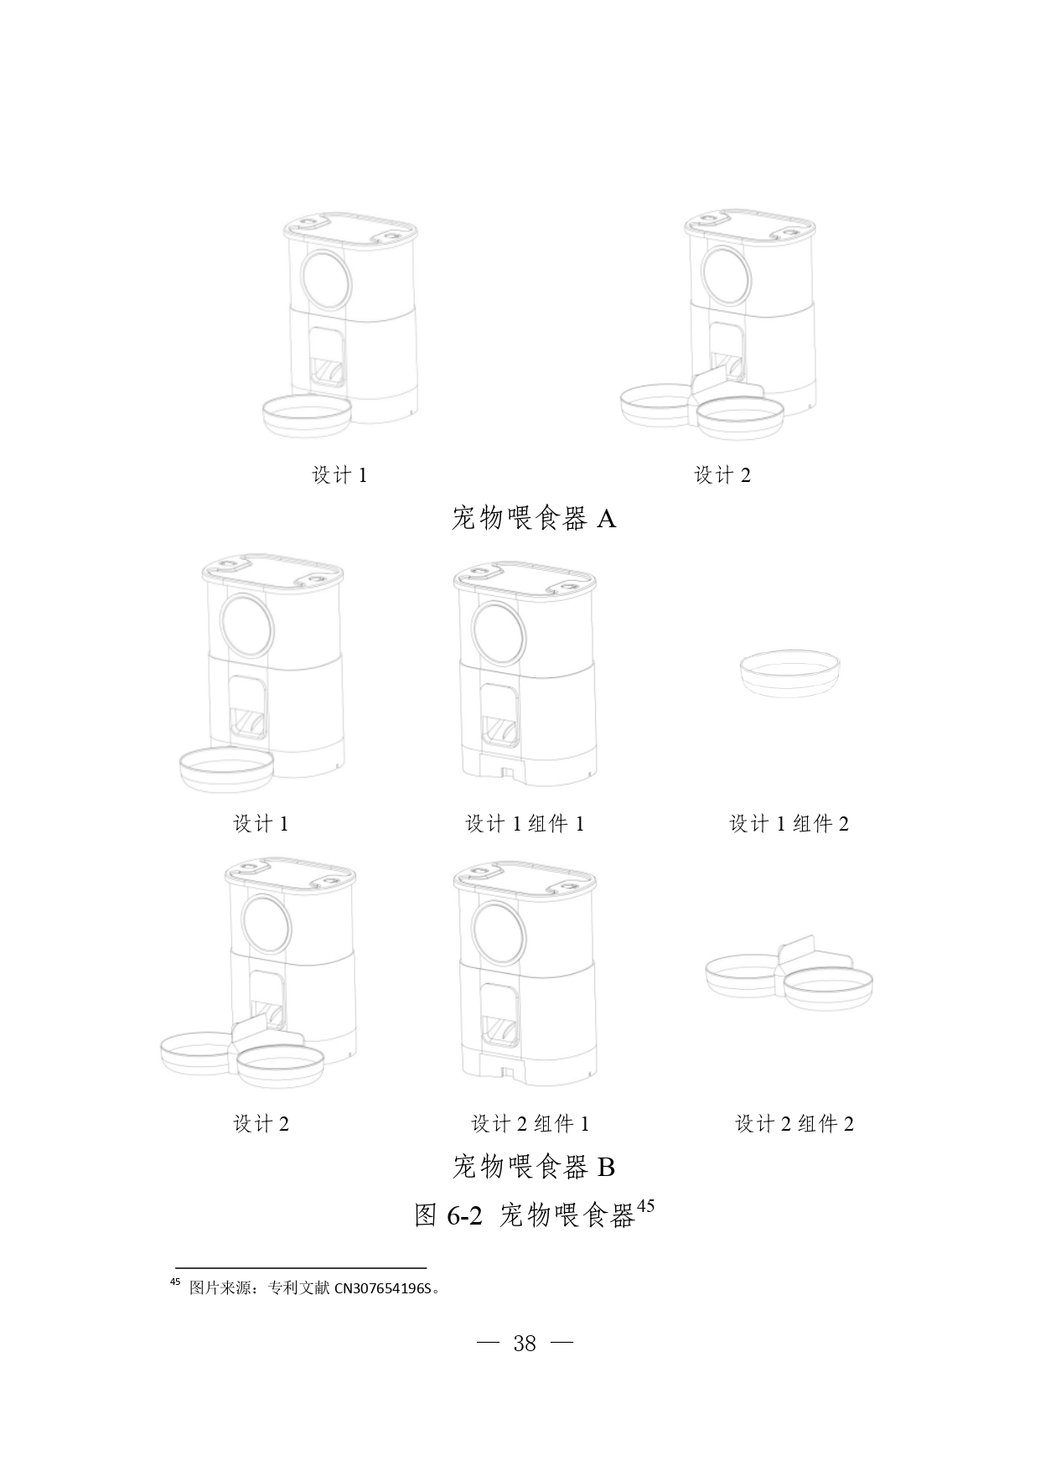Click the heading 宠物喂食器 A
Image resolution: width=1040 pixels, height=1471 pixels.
click(534, 519)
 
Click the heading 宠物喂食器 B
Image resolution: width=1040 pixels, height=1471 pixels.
click(534, 1166)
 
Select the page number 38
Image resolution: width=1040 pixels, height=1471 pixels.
click(525, 1344)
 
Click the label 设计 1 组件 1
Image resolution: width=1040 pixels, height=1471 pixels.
click(525, 824)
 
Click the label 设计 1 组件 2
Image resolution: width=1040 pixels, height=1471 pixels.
click(789, 824)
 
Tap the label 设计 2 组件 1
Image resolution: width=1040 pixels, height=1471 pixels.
click(530, 1124)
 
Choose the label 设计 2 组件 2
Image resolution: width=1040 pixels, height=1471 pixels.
click(794, 1124)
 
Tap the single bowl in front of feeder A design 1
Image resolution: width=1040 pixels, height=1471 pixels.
click(308, 416)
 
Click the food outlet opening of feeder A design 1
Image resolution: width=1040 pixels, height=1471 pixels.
click(327, 356)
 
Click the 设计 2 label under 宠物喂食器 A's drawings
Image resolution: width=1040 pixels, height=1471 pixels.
click(722, 475)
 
